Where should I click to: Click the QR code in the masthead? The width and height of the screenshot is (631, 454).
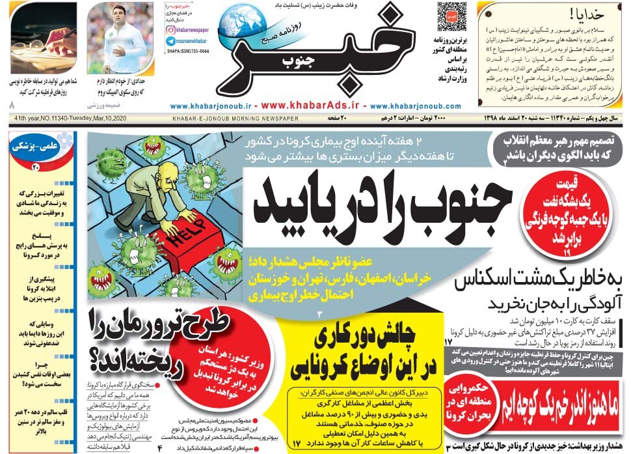pos(452,16)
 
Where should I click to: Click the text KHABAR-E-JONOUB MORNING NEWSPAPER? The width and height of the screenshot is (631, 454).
pos(235,119)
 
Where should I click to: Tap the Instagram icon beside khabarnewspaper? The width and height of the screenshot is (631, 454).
pos(170,29)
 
